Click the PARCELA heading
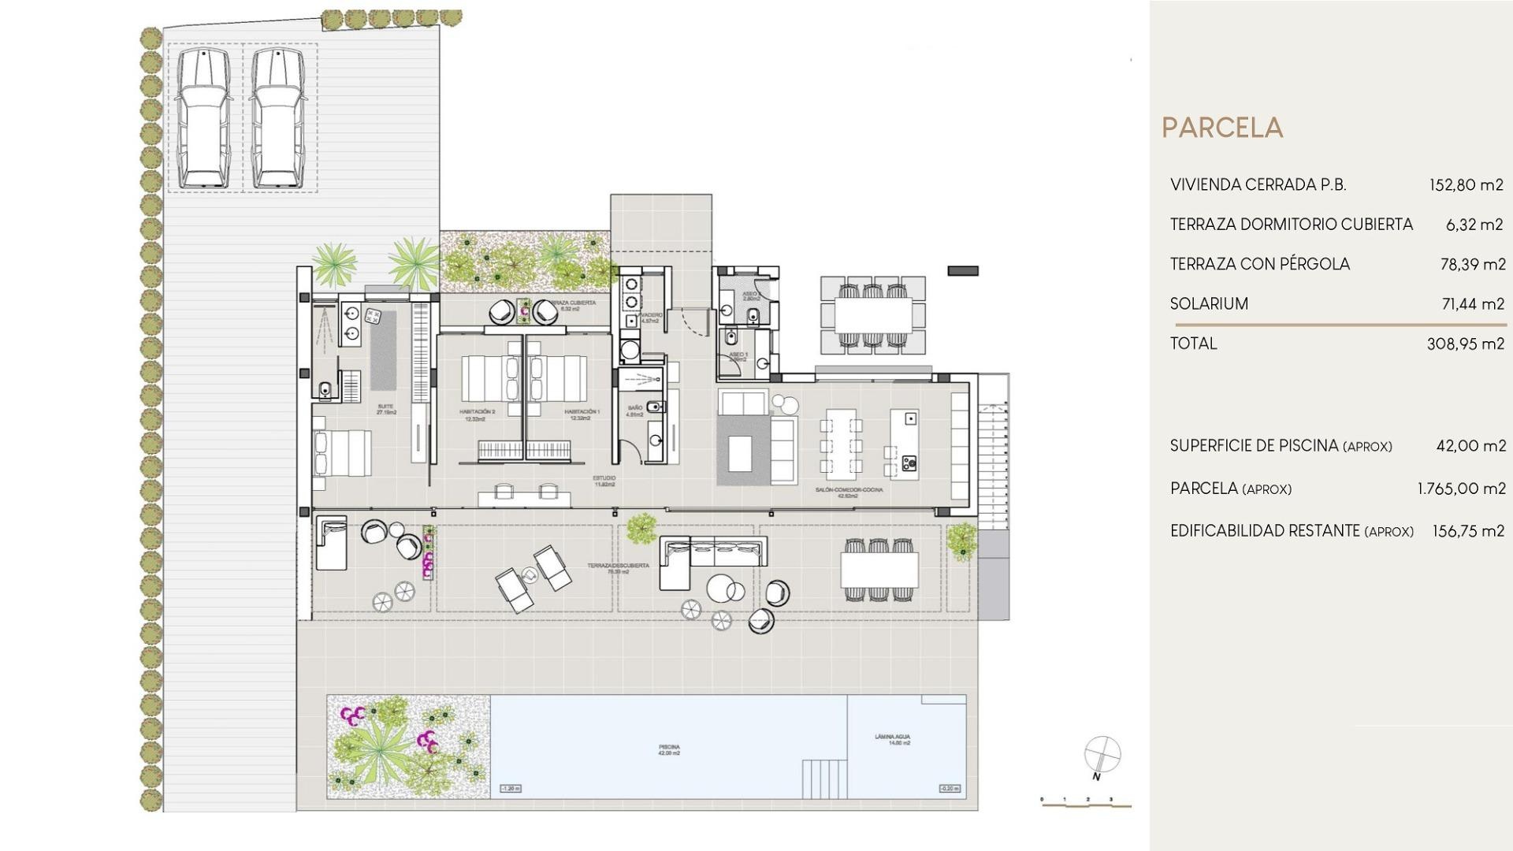click(1222, 128)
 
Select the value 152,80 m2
click(1466, 185)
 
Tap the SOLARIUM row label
click(1209, 303)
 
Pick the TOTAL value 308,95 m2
click(1465, 344)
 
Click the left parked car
click(203, 118)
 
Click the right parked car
click(278, 118)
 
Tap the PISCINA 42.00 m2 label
click(669, 750)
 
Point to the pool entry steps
click(824, 779)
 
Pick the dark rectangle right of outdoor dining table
click(962, 271)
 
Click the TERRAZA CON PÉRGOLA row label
click(1259, 264)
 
